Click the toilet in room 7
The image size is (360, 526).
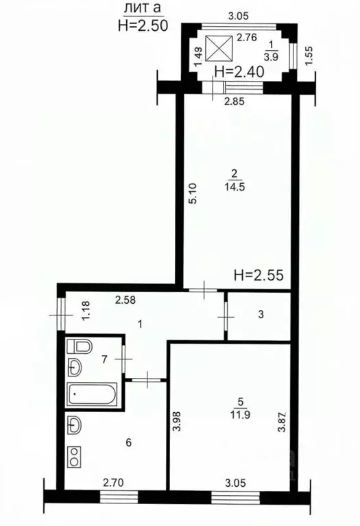tap(80, 346)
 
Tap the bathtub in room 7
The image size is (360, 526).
tap(93, 394)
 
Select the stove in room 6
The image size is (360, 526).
tap(75, 457)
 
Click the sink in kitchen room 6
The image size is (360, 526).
tap(75, 426)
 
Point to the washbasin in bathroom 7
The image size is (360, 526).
tap(75, 368)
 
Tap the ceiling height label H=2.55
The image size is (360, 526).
tap(259, 275)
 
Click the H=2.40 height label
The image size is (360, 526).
tap(239, 71)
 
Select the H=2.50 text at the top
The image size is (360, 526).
tap(143, 25)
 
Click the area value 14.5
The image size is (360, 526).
tap(235, 187)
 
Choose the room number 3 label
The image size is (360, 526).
tap(261, 315)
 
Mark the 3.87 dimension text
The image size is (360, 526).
tap(282, 421)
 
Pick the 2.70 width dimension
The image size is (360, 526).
tap(113, 483)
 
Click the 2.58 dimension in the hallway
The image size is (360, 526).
tap(125, 300)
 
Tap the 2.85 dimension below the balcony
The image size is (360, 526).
tap(235, 101)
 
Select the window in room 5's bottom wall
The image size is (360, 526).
tap(235, 497)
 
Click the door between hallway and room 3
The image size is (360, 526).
tap(226, 316)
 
